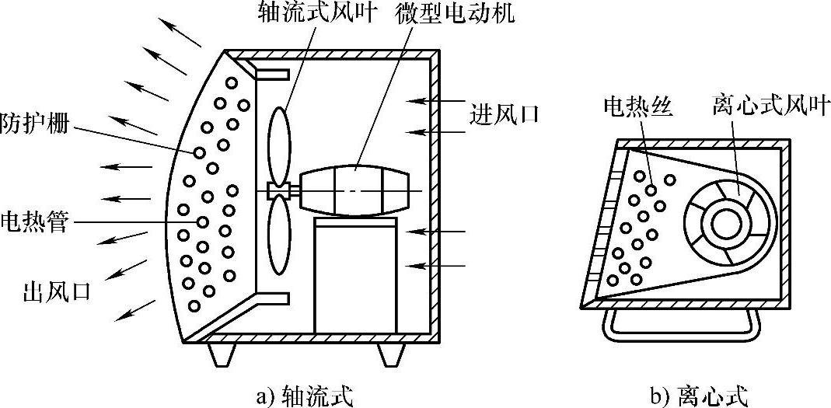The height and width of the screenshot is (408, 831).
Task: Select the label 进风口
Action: (x=504, y=114)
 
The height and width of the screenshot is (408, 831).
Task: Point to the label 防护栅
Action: (x=34, y=124)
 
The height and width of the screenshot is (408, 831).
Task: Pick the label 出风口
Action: (x=58, y=292)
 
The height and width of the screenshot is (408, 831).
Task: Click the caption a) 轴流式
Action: (x=304, y=396)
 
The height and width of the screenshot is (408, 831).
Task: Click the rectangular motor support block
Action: (x=355, y=276)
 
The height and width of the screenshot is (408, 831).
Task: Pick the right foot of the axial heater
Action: (x=390, y=354)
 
